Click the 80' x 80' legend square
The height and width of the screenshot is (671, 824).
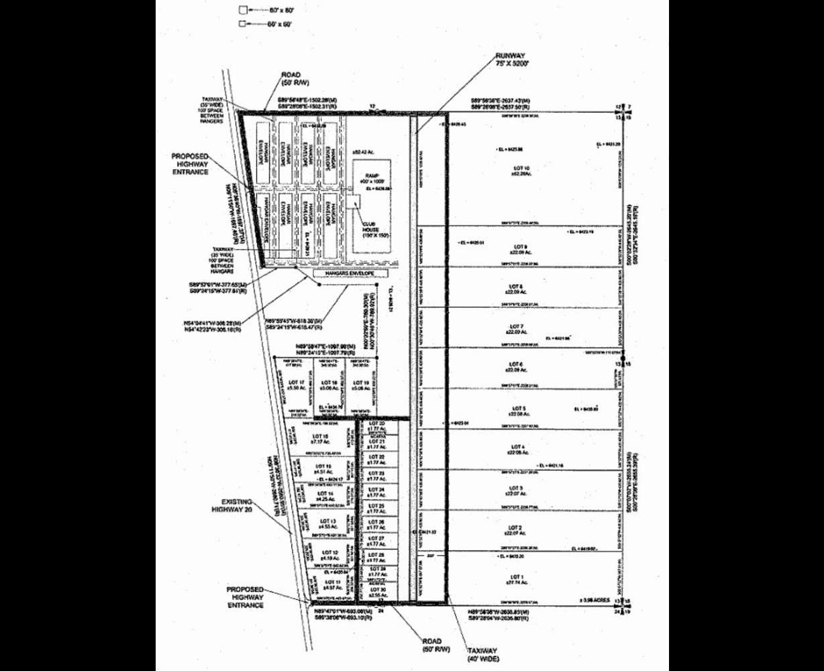[243, 10]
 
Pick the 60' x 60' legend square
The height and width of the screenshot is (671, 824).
[243, 24]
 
